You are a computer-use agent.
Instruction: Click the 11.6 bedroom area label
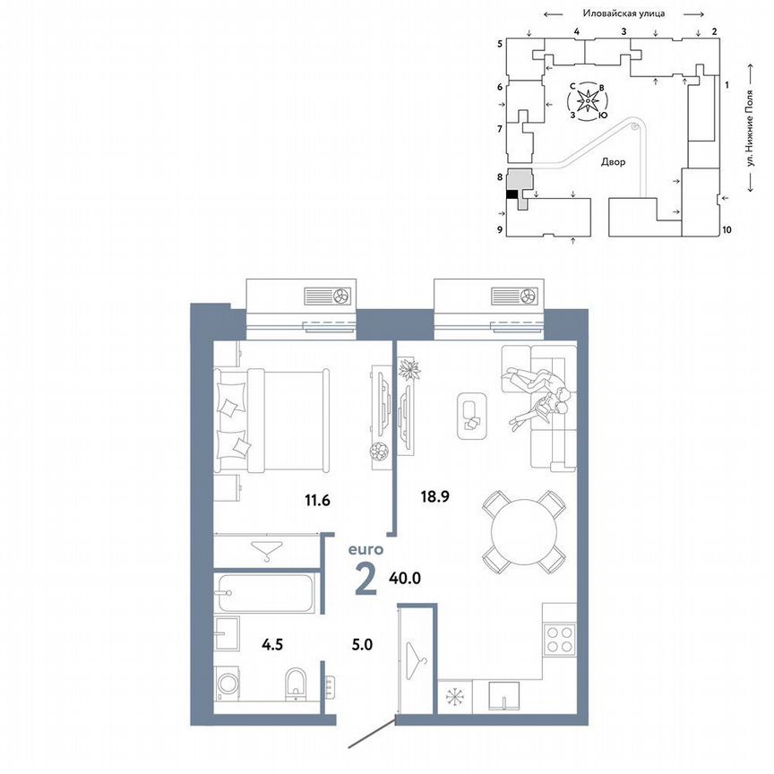316,500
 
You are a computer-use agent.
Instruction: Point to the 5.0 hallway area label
365,641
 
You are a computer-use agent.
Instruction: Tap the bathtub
264,592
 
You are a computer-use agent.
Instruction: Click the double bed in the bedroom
271,420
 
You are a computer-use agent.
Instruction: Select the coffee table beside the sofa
471,416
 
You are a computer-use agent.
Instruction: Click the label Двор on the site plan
614,162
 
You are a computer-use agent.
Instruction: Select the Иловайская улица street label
623,13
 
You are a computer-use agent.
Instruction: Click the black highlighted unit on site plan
512,193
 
